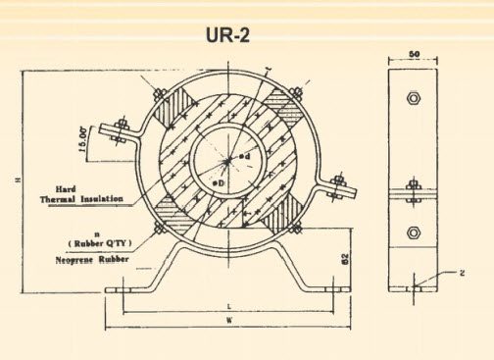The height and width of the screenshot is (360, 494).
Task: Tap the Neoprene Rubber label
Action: coord(86,260)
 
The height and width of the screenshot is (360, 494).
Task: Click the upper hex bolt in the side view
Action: coord(413,99)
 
